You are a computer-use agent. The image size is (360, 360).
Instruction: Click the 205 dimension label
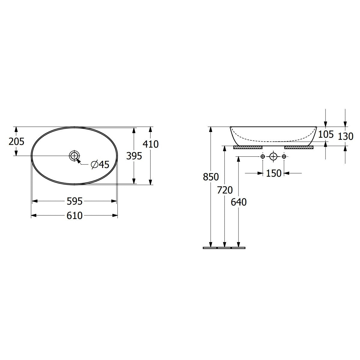tap(16, 141)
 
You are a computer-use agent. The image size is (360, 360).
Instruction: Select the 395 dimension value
tap(134, 156)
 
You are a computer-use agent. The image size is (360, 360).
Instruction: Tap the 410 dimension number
tap(151, 144)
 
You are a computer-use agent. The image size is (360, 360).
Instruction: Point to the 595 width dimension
tap(74, 201)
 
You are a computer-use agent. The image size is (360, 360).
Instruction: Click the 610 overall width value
tap(74, 216)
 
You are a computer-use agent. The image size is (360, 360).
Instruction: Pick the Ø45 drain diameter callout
tap(100, 164)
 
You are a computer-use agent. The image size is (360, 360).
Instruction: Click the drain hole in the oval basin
tap(74, 155)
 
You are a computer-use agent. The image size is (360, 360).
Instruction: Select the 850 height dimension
tap(211, 177)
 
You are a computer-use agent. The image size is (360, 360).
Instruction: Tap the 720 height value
tap(225, 190)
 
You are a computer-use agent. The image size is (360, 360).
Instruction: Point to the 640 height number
tap(238, 202)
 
